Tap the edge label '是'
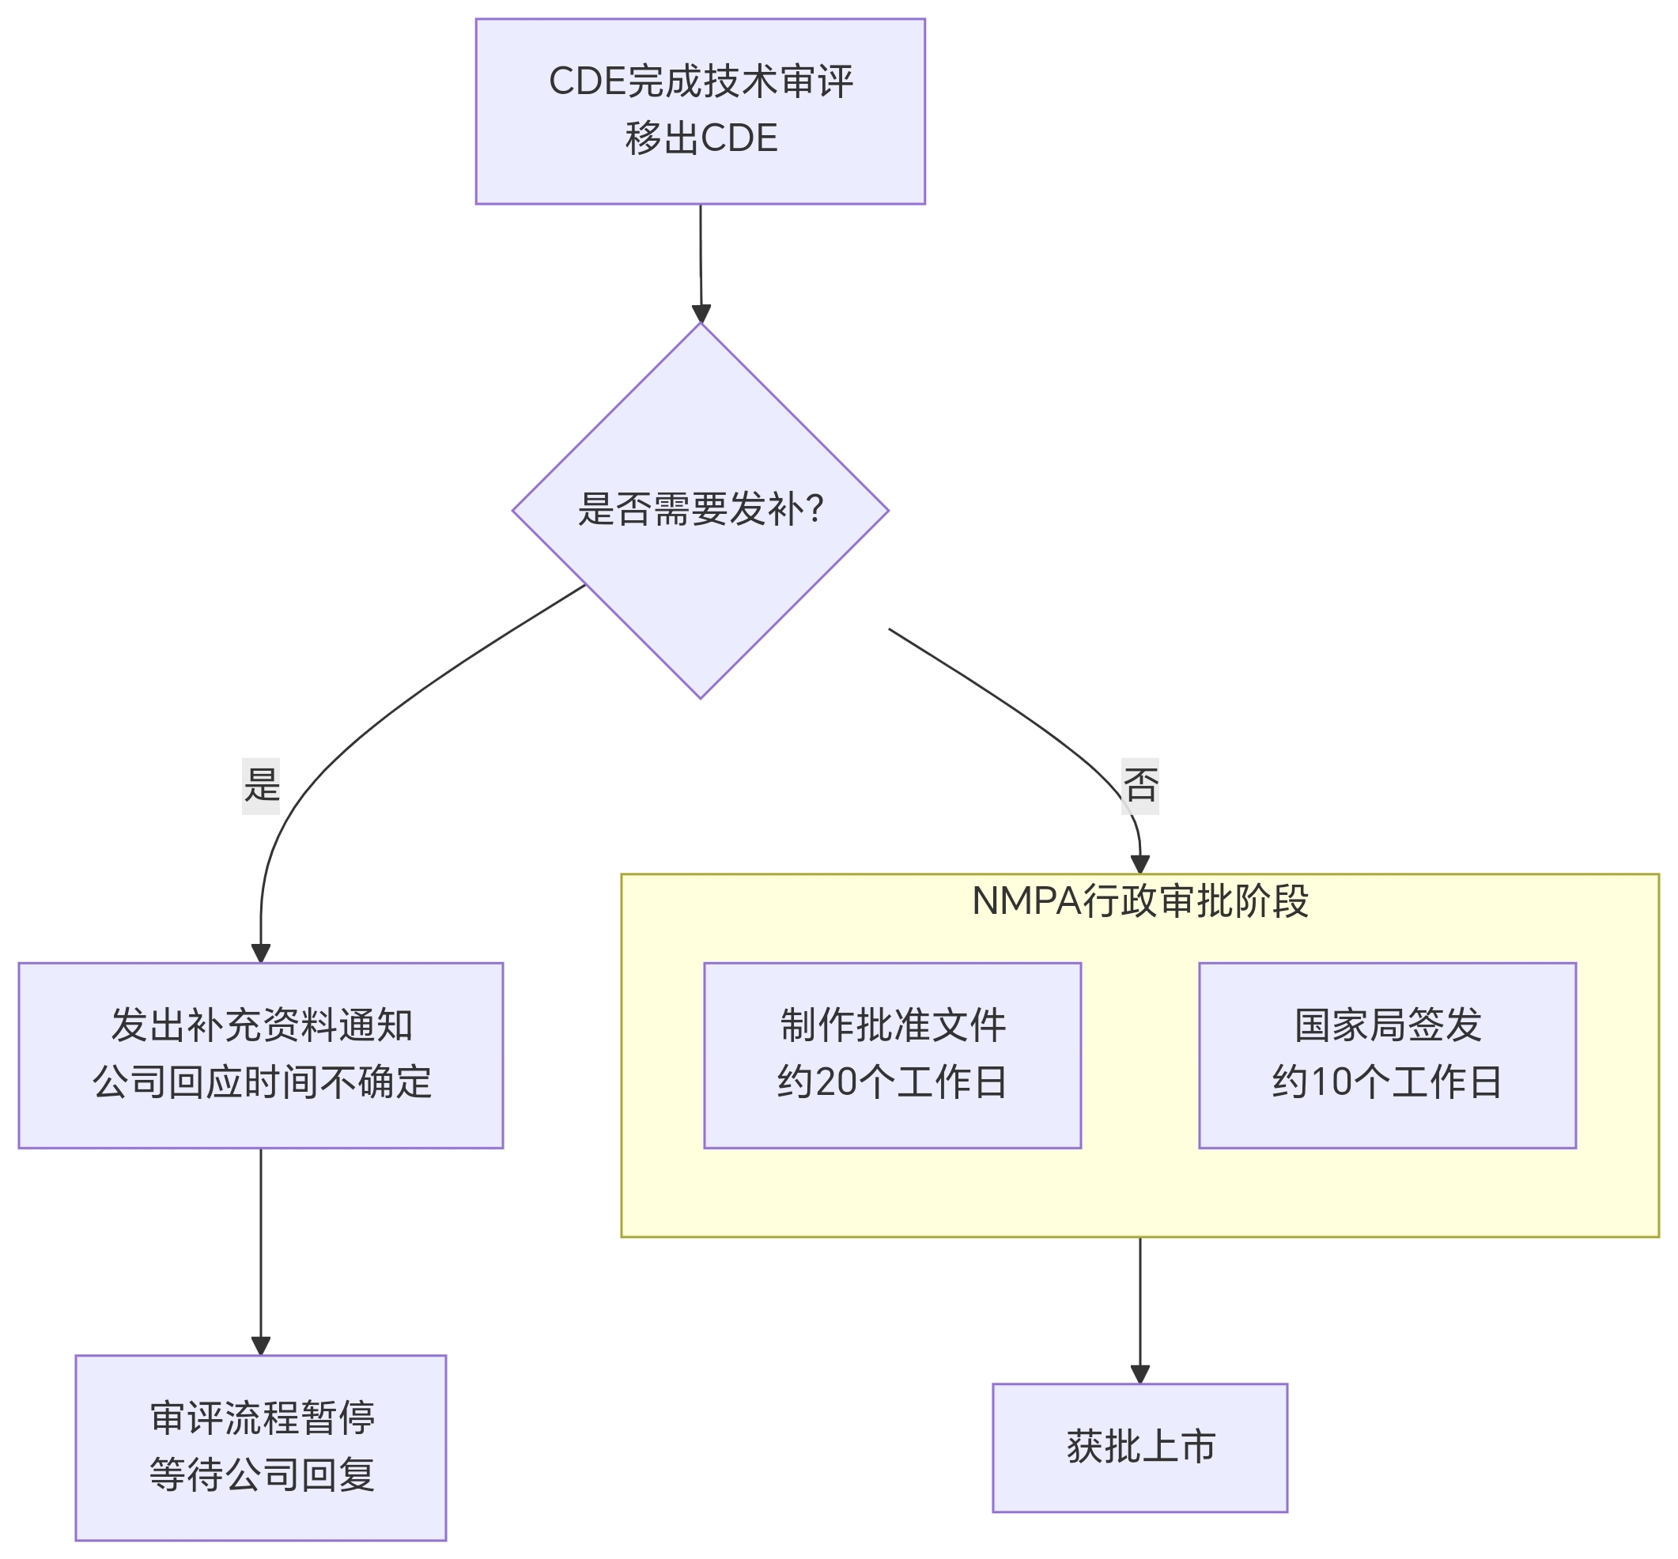pos(261,785)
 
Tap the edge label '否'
pos(1139,785)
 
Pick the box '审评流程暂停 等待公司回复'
pos(261,1448)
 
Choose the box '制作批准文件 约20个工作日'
pos(892,1055)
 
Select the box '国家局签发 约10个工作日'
pos(1386,1055)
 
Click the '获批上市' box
pos(1139,1448)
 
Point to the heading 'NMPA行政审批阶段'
pos(1139,901)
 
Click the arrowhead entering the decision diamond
pos(701,313)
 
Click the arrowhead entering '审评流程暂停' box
pos(261,1346)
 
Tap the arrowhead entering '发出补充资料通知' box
pos(261,953)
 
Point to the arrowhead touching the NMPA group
pos(1139,865)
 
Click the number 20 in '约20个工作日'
pos(835,1082)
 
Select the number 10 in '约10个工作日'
pos(1329,1082)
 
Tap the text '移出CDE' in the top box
pos(701,138)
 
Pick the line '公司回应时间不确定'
pos(262,1082)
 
